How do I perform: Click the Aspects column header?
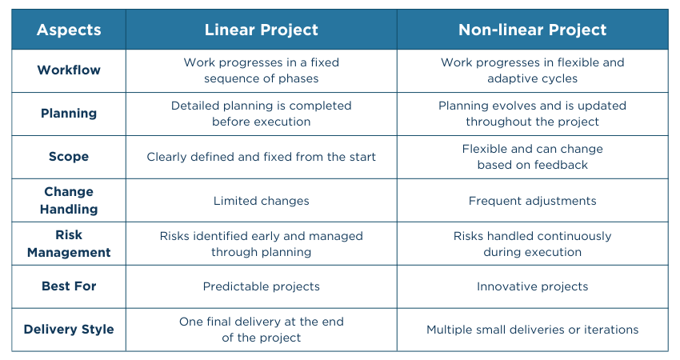[x=69, y=30]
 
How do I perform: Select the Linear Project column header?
[x=261, y=30]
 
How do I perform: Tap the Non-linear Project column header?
[x=532, y=30]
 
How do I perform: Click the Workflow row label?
[x=69, y=70]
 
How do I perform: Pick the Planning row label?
[x=69, y=114]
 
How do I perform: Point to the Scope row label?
[x=69, y=157]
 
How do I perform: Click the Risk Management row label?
[x=69, y=243]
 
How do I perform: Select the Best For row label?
[x=69, y=286]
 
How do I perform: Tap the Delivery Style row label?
[x=69, y=330]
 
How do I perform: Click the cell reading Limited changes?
[x=261, y=201]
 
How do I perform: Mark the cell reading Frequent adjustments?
[x=532, y=201]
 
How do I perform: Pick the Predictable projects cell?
[x=261, y=286]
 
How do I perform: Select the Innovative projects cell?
[x=532, y=286]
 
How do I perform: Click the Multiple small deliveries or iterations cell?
[x=532, y=330]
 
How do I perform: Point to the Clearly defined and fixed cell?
[x=261, y=157]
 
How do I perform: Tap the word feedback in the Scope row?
[x=562, y=165]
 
